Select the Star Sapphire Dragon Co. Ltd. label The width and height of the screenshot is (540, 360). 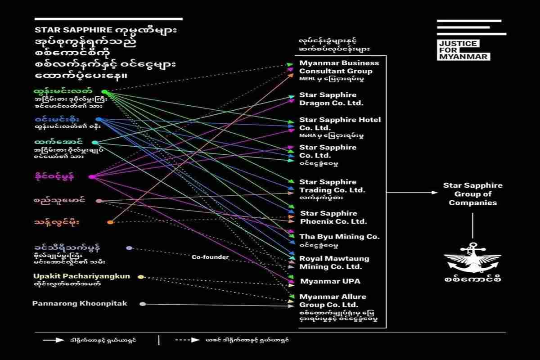tap(331, 99)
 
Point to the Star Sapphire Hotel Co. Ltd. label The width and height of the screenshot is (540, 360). tap(340, 124)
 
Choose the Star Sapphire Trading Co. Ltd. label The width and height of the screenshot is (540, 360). tap(332, 186)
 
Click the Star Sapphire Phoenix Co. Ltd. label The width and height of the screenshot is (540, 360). tap(333, 217)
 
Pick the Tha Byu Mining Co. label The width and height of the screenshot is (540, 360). tap(340, 237)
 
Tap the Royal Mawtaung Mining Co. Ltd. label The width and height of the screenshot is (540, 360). tap(334, 262)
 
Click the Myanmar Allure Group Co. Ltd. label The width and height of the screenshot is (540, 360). tap(333, 301)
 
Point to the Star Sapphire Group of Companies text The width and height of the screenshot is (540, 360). tap(472, 194)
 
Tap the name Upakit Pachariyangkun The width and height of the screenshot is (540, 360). tap(81, 276)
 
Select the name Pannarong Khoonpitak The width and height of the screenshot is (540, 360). tap(80, 304)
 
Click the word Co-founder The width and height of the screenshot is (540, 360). tap(210, 257)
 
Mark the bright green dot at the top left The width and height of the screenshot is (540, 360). tap(104, 92)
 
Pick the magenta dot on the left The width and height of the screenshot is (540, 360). tap(92, 177)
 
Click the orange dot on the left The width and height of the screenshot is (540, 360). tap(110, 222)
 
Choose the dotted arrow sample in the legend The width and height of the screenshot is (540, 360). tap(187, 340)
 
